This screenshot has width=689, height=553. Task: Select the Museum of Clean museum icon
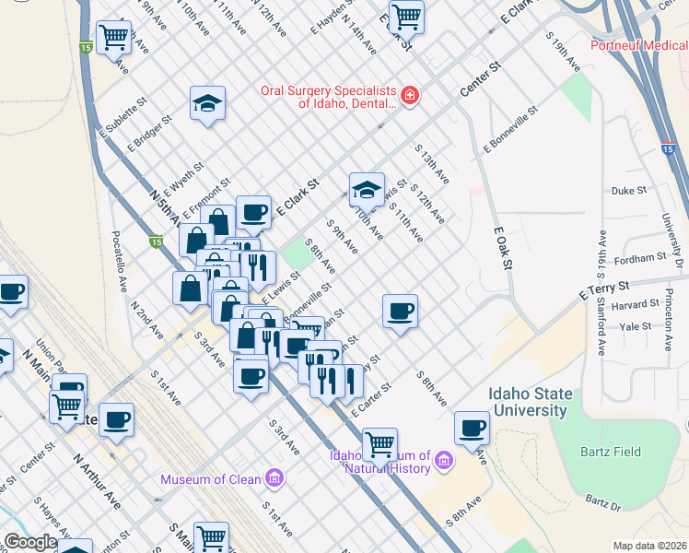[274, 478]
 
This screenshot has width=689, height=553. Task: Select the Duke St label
[628, 192]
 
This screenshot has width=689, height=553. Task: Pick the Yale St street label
[636, 326]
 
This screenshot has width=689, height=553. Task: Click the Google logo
[30, 542]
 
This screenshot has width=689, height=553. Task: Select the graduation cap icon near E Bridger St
[208, 103]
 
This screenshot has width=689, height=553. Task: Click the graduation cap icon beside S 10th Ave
[367, 189]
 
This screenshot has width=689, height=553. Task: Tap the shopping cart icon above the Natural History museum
[380, 443]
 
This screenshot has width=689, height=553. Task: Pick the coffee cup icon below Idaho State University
[472, 428]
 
